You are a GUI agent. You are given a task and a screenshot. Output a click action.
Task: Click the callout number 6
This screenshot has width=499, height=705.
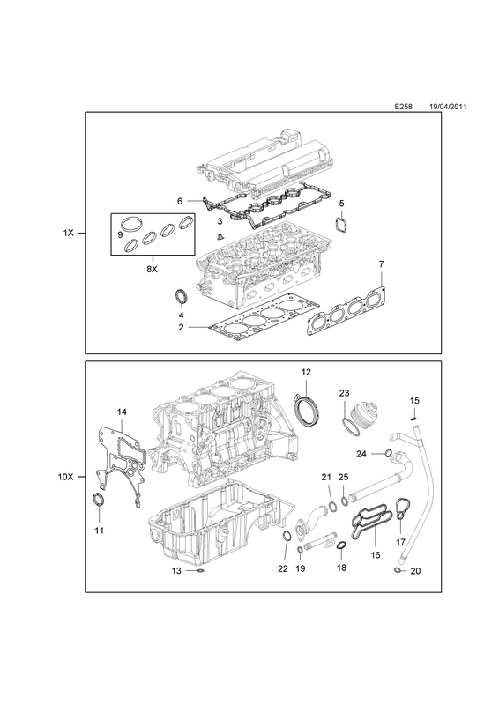pos(180,201)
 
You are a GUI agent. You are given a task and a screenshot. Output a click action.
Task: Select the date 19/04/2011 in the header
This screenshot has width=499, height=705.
pos(448,107)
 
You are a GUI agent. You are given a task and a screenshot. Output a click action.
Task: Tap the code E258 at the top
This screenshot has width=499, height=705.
pos(404,107)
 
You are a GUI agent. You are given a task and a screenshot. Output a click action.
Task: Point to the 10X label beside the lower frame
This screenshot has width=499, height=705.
pos(65,477)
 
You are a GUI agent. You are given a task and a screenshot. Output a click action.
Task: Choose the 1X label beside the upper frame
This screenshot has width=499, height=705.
pos(68,233)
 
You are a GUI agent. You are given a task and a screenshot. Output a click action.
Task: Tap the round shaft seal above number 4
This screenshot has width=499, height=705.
pos(182,298)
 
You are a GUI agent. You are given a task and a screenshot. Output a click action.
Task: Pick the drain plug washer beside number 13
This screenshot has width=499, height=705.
pos(200,571)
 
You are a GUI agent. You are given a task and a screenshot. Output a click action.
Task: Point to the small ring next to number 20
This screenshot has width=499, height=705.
pos(397,570)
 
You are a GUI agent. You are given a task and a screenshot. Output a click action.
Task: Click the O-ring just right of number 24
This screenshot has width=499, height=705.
pos(388,452)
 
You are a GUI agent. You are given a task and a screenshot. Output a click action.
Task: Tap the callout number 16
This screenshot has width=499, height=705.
pos(376,555)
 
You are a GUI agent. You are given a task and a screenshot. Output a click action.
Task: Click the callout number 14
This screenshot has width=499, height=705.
pos(122,412)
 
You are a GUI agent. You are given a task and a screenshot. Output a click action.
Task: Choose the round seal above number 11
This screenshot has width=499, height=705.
pos(98,500)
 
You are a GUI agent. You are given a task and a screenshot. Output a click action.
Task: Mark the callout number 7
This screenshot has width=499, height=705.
pos(381,263)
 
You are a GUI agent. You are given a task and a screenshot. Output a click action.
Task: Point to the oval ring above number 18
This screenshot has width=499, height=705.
pos(341,545)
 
